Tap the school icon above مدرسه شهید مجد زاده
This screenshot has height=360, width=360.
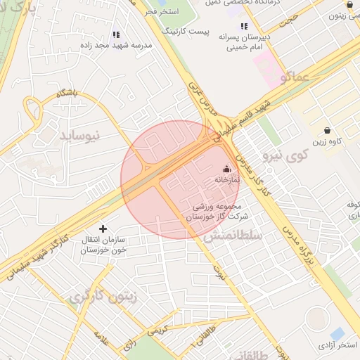(117, 34)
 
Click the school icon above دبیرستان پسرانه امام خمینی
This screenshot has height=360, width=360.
(244, 26)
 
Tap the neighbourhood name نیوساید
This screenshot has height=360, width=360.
(79, 134)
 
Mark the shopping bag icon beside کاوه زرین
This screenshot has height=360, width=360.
(328, 130)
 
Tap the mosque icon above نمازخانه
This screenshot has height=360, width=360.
(226, 169)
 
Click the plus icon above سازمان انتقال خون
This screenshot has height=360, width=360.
(103, 228)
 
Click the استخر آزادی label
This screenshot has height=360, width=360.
(338, 345)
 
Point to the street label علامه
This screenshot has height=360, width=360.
(101, 340)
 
